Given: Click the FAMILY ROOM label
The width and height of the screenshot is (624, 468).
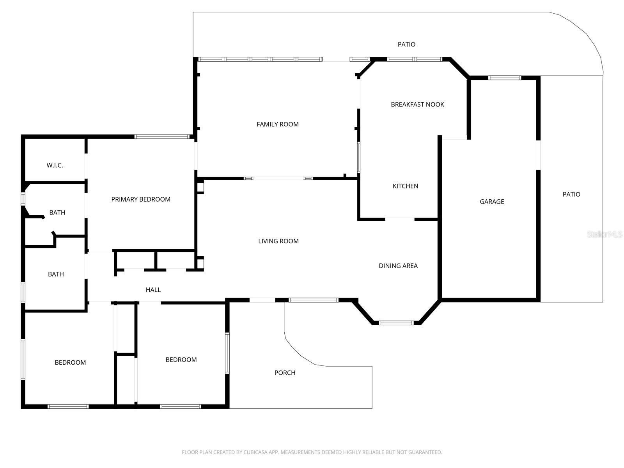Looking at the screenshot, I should (x=277, y=124).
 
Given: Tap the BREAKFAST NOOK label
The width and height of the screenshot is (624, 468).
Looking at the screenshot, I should (x=417, y=105).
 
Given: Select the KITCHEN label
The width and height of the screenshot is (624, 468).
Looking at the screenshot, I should (x=405, y=186).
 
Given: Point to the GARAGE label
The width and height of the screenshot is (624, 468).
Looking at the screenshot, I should (x=492, y=202).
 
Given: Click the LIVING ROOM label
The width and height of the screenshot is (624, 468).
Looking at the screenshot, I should (x=278, y=241).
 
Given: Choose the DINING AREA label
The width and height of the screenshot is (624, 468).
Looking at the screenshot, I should (x=398, y=266).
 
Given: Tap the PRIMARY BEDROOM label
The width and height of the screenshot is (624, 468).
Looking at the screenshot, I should (x=141, y=199).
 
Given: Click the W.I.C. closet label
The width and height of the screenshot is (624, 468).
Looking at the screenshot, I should (x=55, y=165).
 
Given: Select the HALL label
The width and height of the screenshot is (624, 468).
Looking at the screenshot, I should (x=153, y=290).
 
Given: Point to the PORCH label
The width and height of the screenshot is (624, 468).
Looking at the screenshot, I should (x=285, y=373).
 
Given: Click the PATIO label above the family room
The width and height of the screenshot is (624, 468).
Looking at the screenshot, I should (x=406, y=44).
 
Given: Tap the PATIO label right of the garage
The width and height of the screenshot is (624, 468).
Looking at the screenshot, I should (x=571, y=194).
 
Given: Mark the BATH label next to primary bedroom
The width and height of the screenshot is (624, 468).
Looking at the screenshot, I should (x=57, y=213).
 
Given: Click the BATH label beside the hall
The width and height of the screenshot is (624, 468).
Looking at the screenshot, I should (x=56, y=274).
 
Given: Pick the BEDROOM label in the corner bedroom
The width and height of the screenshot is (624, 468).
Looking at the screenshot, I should (x=70, y=363).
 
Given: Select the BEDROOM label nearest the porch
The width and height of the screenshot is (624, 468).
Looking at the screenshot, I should (x=181, y=360).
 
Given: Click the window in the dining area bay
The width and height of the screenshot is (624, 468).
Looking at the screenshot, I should (x=396, y=323).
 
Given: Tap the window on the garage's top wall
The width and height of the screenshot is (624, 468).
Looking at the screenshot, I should (x=505, y=78).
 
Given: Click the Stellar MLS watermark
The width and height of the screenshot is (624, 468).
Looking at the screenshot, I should (x=604, y=234).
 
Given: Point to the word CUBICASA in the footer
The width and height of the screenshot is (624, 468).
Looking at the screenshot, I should (x=256, y=452).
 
